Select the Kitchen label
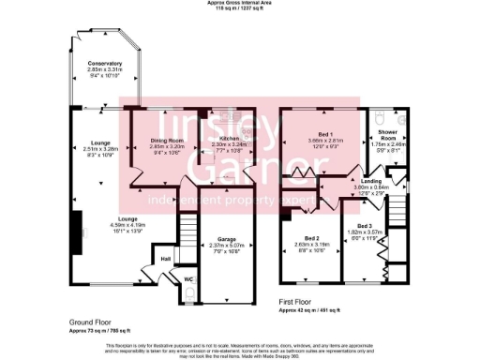point(229,138)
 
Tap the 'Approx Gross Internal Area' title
point(239,4)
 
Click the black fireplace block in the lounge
point(72,224)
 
